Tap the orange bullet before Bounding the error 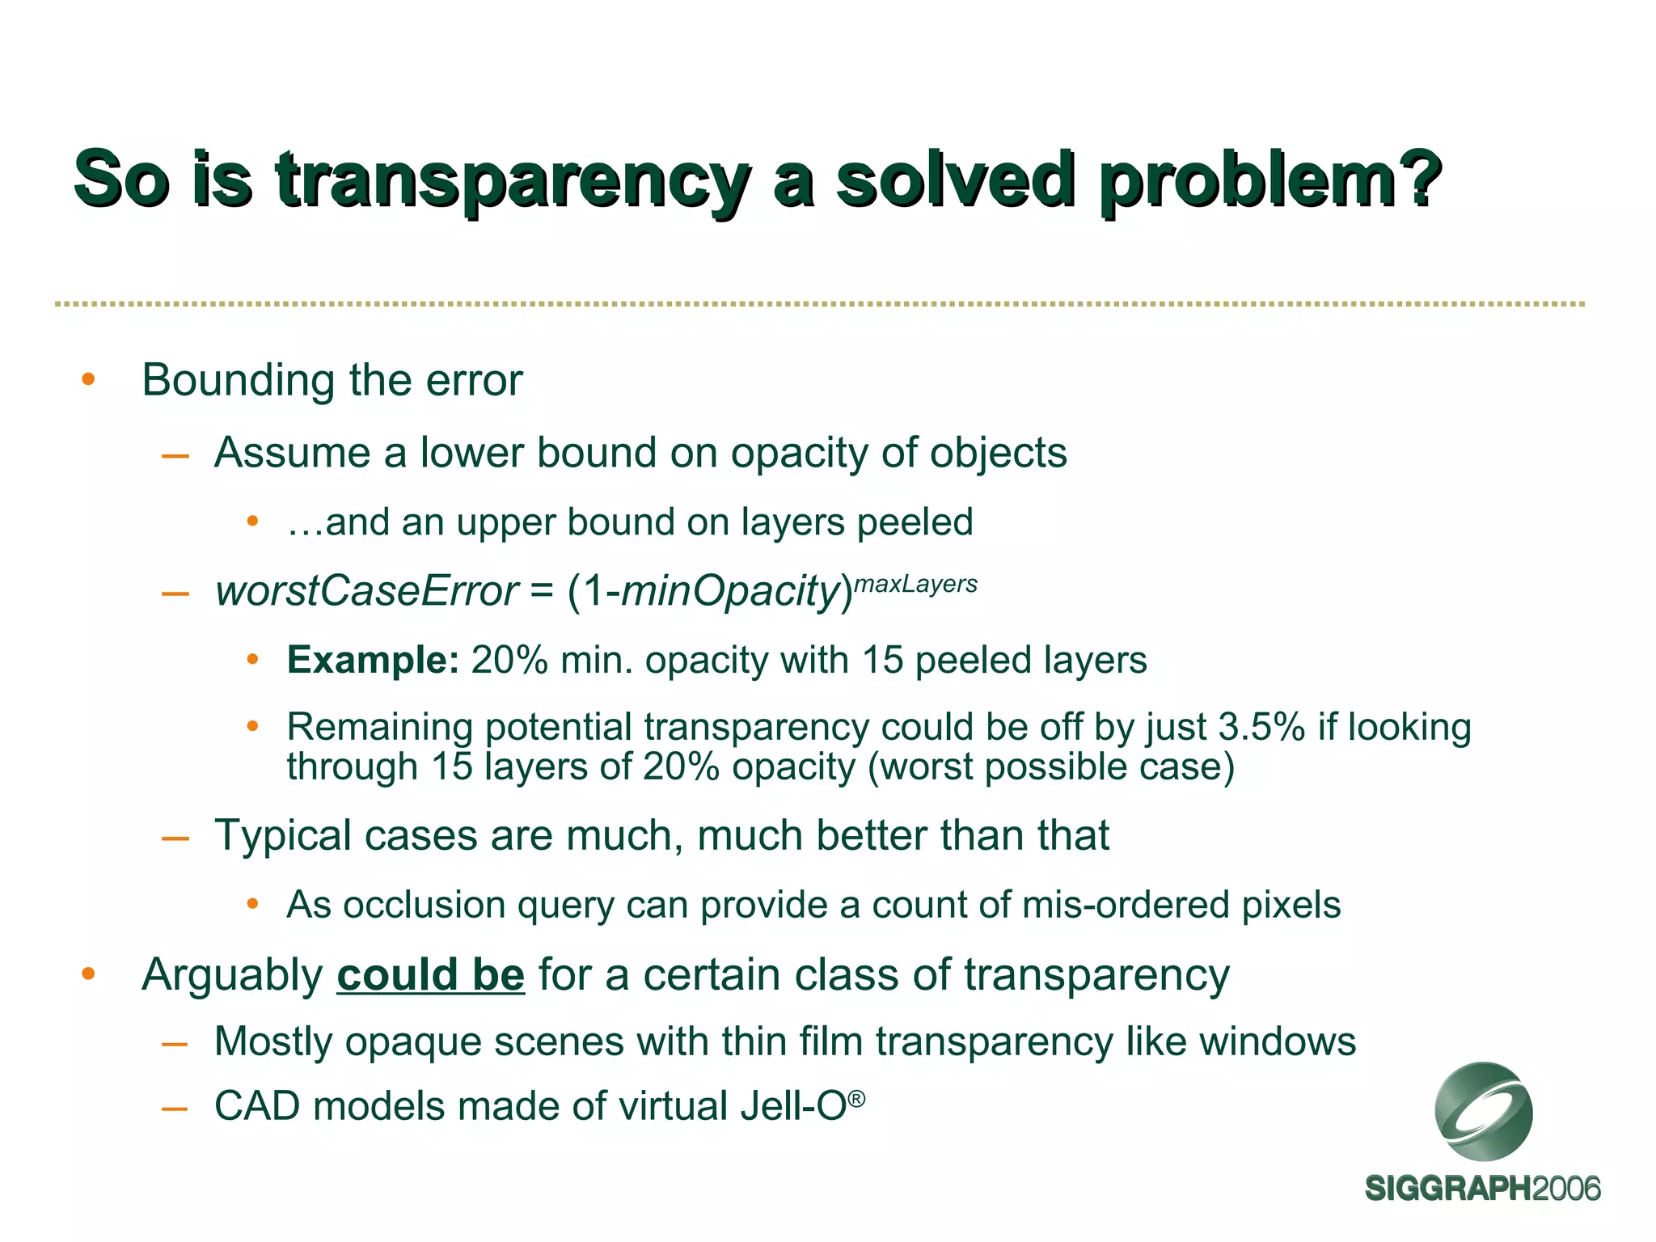(89, 379)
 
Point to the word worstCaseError (365, 591)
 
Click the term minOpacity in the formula (732, 591)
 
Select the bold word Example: (373, 660)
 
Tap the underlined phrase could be (430, 974)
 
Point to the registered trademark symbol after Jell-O (858, 1098)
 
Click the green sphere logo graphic (1483, 1113)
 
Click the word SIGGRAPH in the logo (1447, 1189)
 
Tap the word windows (1277, 1041)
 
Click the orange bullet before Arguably (89, 974)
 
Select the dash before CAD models (175, 1108)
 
